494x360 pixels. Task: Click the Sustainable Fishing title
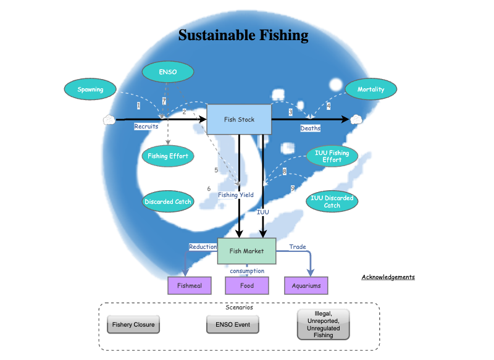coord(243,35)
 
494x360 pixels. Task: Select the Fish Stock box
coord(239,120)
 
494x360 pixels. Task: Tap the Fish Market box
coord(246,251)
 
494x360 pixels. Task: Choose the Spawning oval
coord(90,90)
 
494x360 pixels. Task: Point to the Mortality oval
coord(371,90)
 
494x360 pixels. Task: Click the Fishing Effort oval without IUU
coord(167,156)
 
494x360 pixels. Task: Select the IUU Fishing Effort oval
coord(332,156)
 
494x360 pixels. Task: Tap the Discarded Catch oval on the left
coord(167,201)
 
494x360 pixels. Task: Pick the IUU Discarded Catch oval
coord(332,201)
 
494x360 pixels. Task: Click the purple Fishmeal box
coord(190,286)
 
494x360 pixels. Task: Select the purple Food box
coord(246,286)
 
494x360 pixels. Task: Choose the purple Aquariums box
coord(306,286)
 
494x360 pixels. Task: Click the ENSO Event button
coord(233,324)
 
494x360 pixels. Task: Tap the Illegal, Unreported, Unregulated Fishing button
coord(323,324)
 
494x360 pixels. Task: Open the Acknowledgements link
coord(388,277)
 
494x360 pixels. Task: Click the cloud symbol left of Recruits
coord(109,120)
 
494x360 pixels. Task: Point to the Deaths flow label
coord(311,128)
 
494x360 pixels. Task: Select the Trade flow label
coord(298,247)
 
